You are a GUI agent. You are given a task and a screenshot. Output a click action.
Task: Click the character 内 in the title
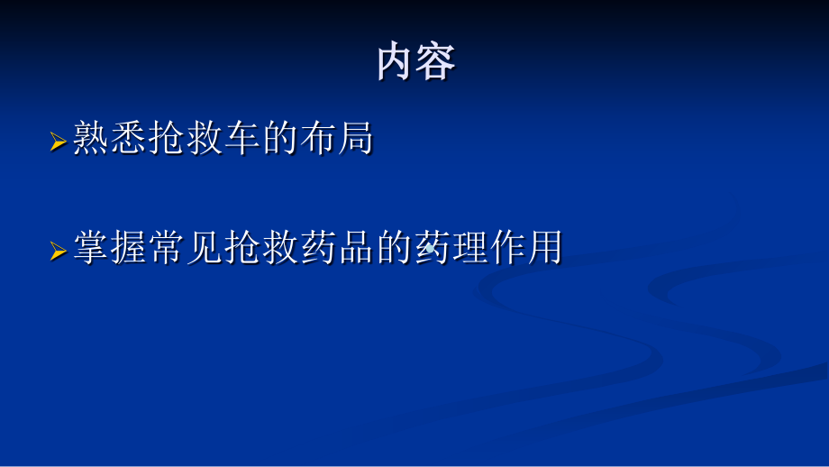(395, 62)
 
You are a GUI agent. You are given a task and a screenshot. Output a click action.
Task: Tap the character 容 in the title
(435, 62)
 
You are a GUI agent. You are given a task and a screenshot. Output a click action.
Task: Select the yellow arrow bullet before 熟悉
(59, 142)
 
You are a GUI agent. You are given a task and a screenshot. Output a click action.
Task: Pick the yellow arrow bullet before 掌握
(59, 251)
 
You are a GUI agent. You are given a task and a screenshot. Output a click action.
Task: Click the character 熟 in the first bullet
(91, 138)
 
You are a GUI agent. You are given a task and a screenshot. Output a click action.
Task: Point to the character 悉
(129, 138)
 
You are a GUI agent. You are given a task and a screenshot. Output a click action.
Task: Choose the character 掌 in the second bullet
(92, 247)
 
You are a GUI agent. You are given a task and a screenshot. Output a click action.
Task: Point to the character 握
(130, 247)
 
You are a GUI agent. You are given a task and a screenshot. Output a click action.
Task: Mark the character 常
(167, 247)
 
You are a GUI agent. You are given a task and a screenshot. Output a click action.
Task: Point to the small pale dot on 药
(430, 248)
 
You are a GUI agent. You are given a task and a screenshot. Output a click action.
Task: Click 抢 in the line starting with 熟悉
(167, 138)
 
